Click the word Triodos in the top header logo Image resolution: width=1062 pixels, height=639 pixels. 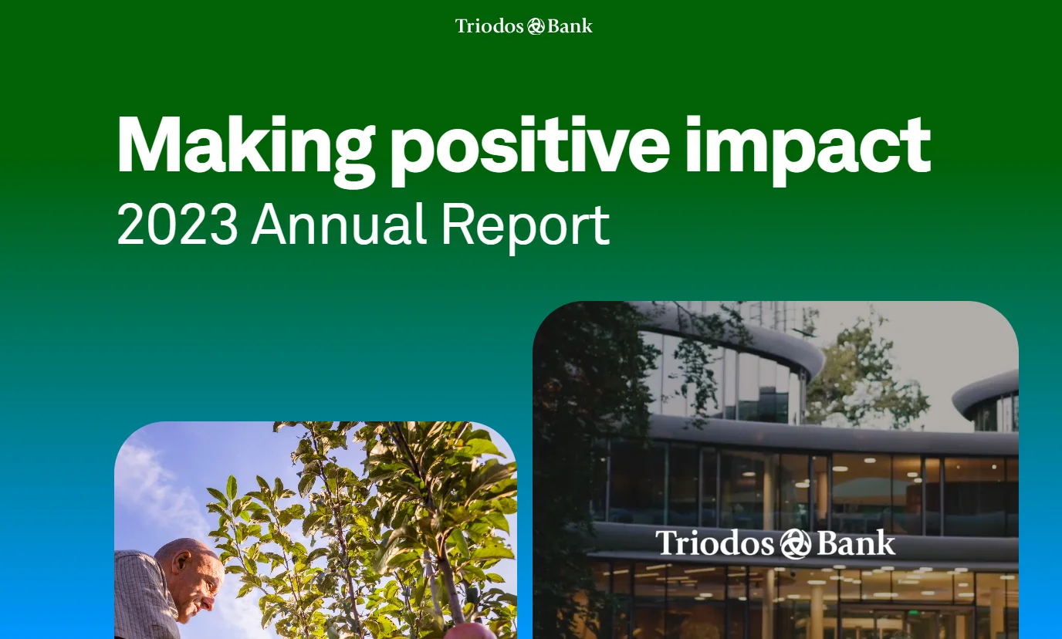(489, 26)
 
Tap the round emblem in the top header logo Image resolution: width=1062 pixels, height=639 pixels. (536, 26)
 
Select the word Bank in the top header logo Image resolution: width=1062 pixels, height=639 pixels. (570, 26)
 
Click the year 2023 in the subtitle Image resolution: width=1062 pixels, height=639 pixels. (178, 225)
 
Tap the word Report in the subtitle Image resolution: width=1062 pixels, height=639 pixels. (525, 226)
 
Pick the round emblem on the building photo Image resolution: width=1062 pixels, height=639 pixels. (795, 544)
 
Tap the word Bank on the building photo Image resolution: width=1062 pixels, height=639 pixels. (857, 543)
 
